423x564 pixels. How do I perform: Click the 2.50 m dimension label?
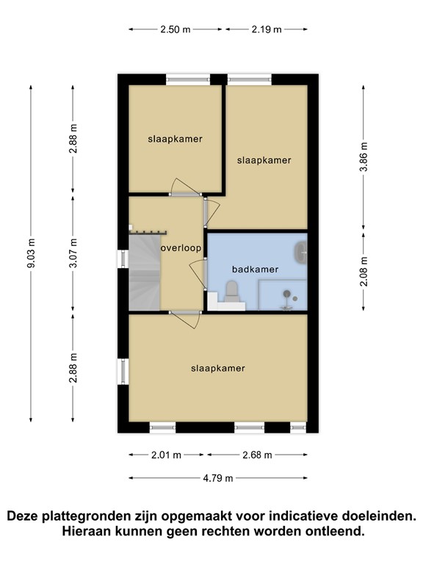point(176,29)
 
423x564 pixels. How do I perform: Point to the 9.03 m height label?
point(31,253)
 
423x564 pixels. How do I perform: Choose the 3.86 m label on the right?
point(364,156)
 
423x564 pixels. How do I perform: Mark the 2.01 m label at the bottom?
point(167,455)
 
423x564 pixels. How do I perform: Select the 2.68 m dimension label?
point(257,455)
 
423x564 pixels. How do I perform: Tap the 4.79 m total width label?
point(218,478)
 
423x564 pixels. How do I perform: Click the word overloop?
point(181,248)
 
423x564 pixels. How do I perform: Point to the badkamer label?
point(255,270)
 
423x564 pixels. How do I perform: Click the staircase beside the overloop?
point(145,272)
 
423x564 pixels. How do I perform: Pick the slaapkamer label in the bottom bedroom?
point(217,368)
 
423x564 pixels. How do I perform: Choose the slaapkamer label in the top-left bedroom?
point(175,138)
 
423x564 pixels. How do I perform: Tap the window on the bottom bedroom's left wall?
point(122,372)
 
